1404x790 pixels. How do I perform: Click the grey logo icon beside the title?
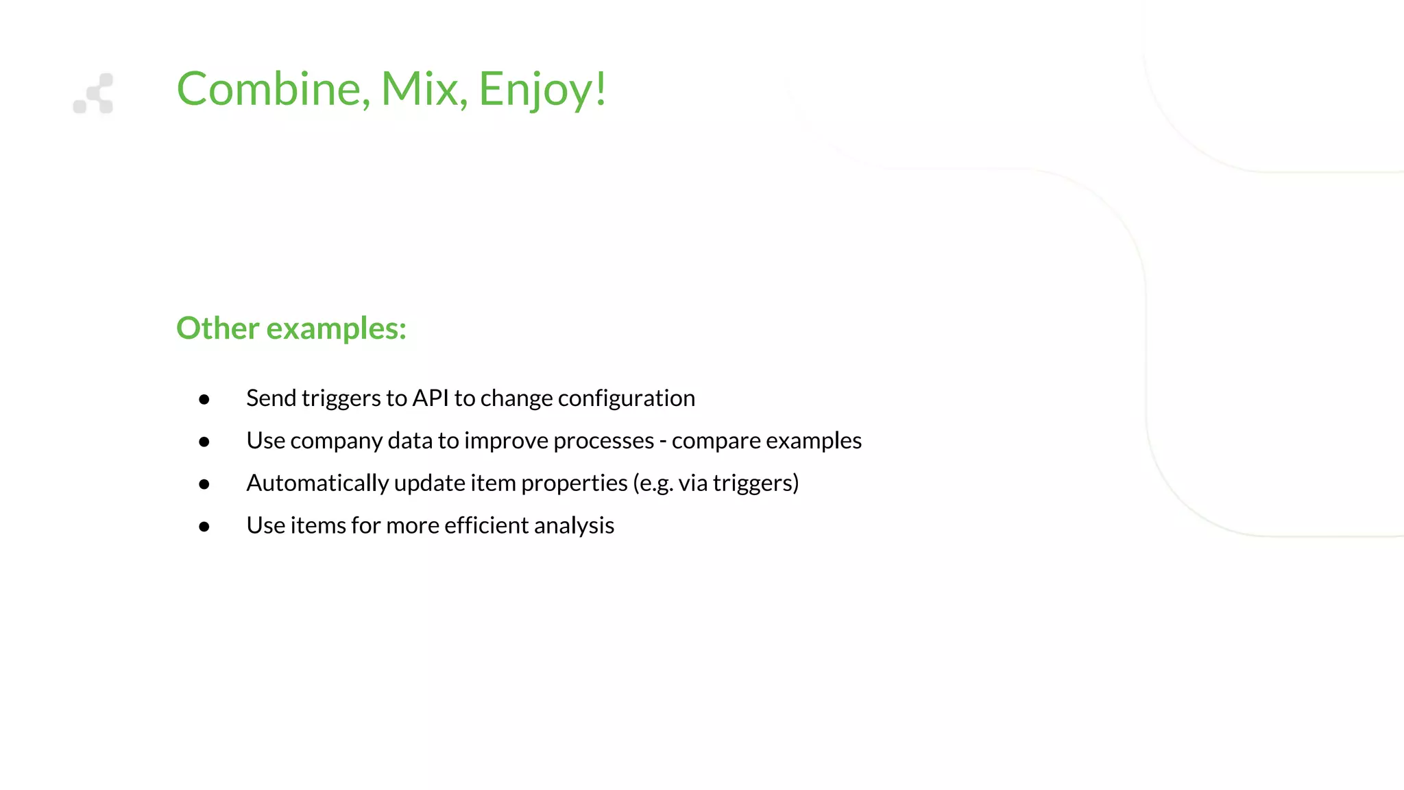pos(94,94)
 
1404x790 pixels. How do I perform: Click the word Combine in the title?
pos(269,89)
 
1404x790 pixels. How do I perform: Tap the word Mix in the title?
pos(420,89)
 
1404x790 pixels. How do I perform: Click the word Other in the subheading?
pos(217,328)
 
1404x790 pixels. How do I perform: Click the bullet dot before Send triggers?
pos(204,399)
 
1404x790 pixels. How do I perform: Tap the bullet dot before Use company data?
pos(204,442)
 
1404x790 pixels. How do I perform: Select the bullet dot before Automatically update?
pos(204,484)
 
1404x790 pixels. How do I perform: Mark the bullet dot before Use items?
pos(204,527)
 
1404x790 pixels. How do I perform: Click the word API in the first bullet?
pos(430,398)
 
